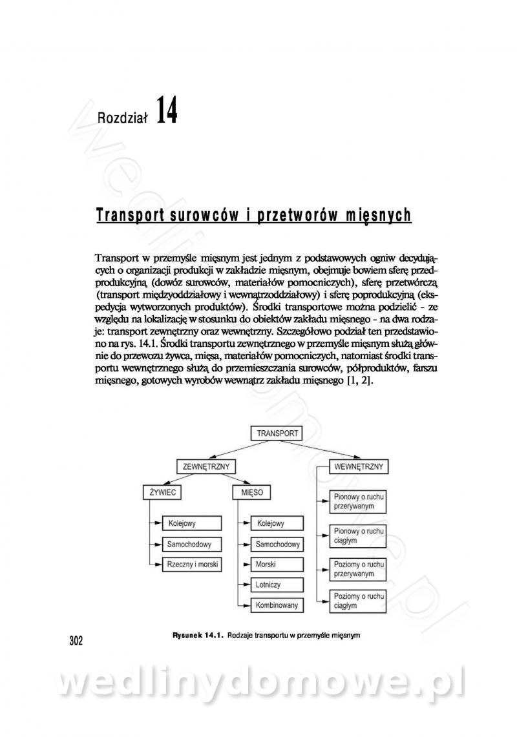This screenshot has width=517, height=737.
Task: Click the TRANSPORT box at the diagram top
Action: tap(277, 433)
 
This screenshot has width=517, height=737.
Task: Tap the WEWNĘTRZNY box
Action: tap(357, 466)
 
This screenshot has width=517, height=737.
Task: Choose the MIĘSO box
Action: tap(251, 492)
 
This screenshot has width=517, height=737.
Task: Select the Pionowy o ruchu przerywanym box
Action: tap(358, 502)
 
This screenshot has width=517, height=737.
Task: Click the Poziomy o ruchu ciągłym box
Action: tap(358, 601)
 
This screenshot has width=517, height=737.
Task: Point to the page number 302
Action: tap(76, 641)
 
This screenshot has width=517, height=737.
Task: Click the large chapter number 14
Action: tap(166, 111)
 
